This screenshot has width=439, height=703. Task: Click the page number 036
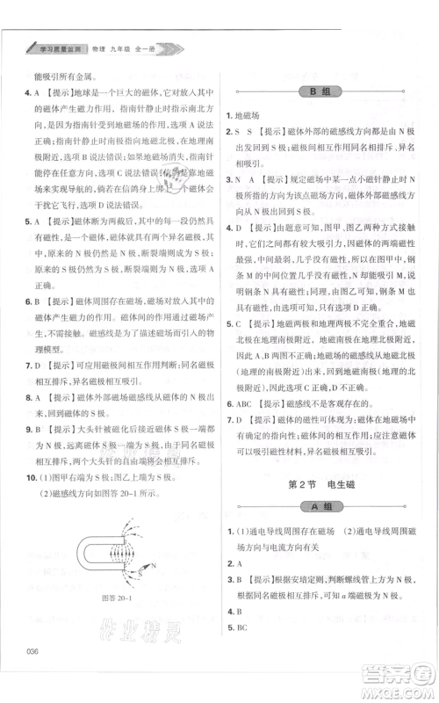tap(35, 675)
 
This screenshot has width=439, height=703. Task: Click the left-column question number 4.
tap(28, 92)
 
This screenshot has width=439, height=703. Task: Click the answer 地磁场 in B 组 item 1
tap(252, 115)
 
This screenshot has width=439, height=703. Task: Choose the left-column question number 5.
tap(28, 222)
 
